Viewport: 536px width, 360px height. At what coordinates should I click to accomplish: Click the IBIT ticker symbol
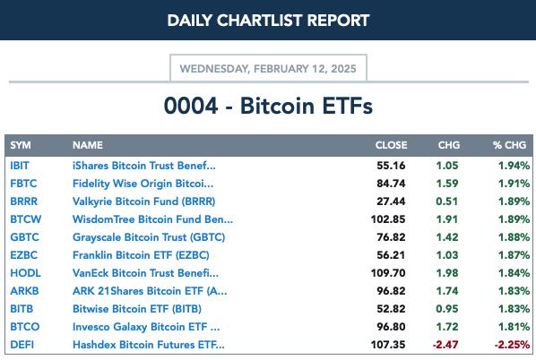pos(20,166)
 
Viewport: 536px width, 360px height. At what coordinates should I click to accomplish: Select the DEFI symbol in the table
pos(22,345)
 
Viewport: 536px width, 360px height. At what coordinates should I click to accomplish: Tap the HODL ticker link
pos(26,273)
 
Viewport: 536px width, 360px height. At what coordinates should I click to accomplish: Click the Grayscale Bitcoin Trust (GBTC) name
pos(149,237)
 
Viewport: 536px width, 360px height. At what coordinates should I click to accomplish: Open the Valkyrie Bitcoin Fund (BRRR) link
pos(144,201)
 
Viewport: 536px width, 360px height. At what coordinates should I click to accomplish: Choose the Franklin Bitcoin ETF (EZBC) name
pos(141,255)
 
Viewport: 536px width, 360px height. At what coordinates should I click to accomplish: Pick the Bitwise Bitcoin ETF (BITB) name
pos(137,309)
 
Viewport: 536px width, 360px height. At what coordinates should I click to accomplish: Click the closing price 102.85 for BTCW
pos(388,219)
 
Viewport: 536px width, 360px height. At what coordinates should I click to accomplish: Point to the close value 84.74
pos(391,184)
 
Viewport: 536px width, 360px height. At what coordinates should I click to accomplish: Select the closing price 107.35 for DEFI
pos(388,345)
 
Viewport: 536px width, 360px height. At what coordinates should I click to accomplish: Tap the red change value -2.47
pos(445,345)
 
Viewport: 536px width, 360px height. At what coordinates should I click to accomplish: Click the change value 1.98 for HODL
pos(447,273)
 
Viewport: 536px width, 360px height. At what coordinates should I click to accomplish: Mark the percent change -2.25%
pos(512,345)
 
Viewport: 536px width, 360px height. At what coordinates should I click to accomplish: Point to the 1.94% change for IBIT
pos(514,166)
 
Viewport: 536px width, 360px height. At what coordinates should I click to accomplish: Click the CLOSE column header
pos(391,145)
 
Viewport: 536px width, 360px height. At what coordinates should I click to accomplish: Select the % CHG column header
pos(509,145)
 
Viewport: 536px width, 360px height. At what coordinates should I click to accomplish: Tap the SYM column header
pos(21,145)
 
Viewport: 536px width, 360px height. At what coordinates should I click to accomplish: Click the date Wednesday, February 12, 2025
pos(268,69)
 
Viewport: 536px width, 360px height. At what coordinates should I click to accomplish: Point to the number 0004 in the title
pos(191,106)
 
